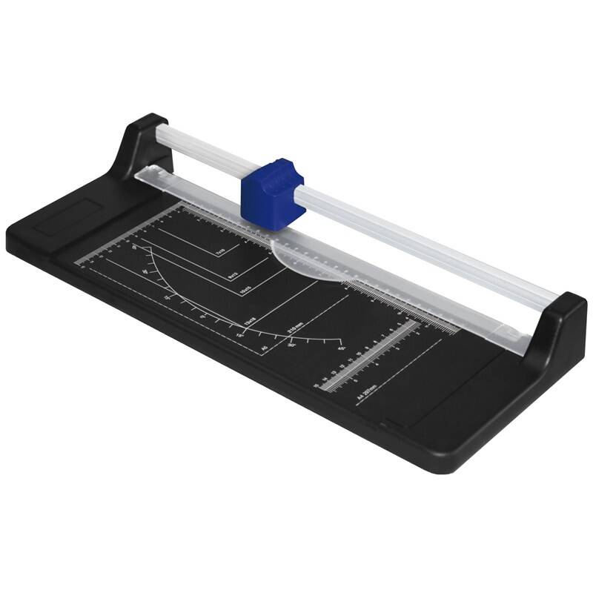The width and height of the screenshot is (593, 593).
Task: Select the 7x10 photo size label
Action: pyautogui.click(x=220, y=254)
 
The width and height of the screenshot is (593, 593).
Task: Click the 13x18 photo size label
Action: pyautogui.click(x=252, y=322)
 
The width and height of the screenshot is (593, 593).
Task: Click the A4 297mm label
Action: pyautogui.click(x=367, y=393)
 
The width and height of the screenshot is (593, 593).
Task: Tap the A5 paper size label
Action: pyautogui.click(x=265, y=346)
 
